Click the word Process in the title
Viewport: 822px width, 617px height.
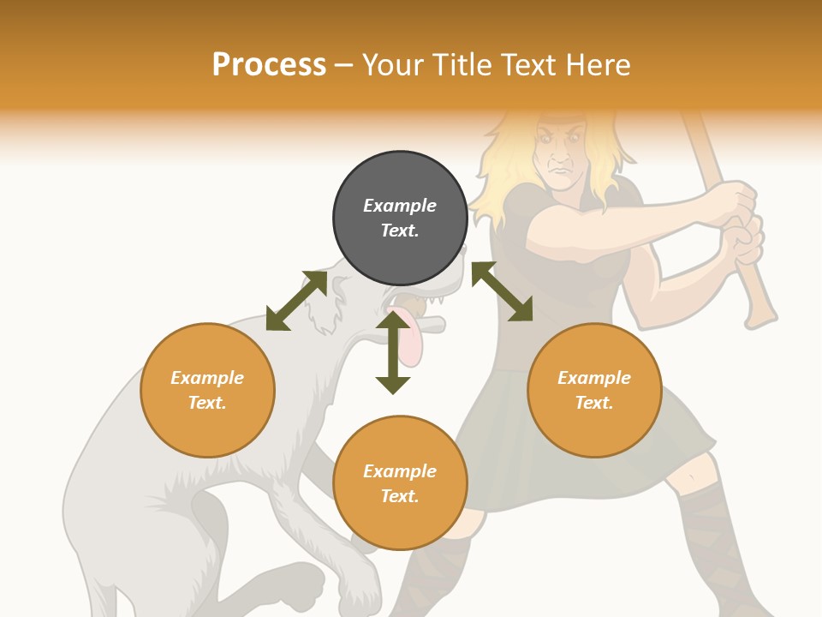pyautogui.click(x=269, y=65)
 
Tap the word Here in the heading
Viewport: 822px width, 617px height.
pyautogui.click(x=597, y=65)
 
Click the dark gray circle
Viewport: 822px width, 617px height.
pyautogui.click(x=400, y=219)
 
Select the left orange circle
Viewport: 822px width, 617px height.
pyautogui.click(x=207, y=390)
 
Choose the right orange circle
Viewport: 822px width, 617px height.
pyautogui.click(x=594, y=390)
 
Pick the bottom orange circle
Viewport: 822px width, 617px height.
pyautogui.click(x=400, y=483)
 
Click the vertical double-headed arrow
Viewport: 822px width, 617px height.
pyautogui.click(x=393, y=352)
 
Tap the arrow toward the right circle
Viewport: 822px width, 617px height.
pyautogui.click(x=503, y=291)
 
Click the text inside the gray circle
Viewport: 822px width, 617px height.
pyautogui.click(x=400, y=218)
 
